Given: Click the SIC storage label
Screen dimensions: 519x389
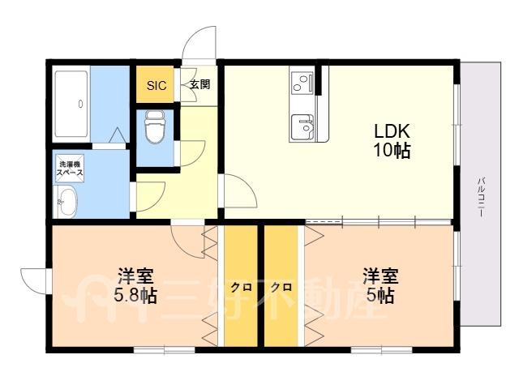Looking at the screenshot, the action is coord(157,86).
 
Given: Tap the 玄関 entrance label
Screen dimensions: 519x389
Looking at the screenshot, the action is coord(200,84).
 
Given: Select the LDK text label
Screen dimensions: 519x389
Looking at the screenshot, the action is coord(392,131).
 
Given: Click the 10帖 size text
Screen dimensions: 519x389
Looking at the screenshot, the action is coord(392,151).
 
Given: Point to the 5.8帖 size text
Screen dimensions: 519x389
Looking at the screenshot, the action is coord(135,295).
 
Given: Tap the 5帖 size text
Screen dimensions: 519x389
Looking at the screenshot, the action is coord(380,295).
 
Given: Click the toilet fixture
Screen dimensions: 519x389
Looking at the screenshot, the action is coord(155,127).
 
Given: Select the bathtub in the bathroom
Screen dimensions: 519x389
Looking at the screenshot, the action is coord(71,104).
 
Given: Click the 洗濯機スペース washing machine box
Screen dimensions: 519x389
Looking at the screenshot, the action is coord(70,169).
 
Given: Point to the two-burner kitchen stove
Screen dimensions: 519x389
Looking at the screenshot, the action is coord(302,83).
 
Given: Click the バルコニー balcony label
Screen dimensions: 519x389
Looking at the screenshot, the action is coord(482,197).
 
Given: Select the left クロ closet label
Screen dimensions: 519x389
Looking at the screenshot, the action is coord(241,288).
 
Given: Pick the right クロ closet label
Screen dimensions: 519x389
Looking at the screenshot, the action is coord(281,288).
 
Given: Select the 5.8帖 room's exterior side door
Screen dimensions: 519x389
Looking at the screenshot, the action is coord(35,281).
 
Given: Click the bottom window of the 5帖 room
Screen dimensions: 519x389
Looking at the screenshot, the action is coord(381,349).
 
